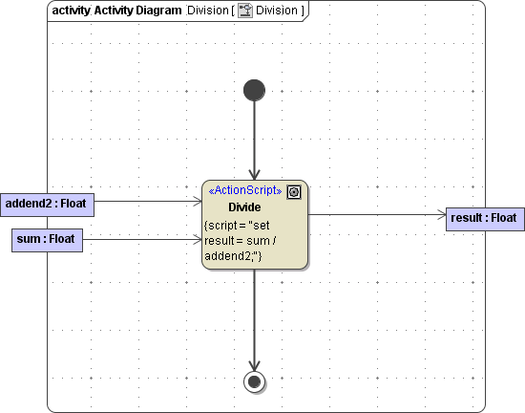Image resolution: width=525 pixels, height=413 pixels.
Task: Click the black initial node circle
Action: point(254,90)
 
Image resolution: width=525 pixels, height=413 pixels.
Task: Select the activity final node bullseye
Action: point(254,382)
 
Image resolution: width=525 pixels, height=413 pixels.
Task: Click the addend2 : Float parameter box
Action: point(47,203)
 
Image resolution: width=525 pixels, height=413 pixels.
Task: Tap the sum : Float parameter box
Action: point(47,239)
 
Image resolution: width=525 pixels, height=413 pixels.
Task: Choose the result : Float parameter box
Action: point(484,218)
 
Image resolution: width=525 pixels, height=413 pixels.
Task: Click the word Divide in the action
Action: point(244,207)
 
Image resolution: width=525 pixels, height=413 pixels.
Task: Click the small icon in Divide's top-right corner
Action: point(294,191)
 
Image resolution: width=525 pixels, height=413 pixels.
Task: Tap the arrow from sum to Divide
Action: point(143,239)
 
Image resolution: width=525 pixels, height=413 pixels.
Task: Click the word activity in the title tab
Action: point(72,11)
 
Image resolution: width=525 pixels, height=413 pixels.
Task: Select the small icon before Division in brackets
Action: point(244,11)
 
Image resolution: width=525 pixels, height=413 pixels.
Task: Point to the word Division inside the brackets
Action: point(278,11)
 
